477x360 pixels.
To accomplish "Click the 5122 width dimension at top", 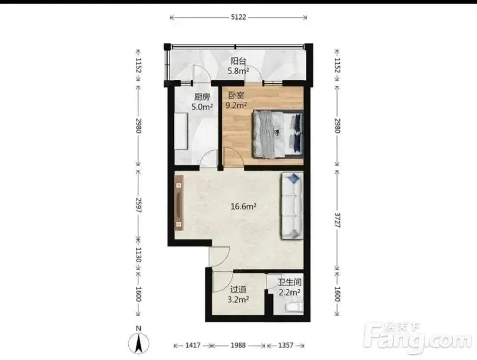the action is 238,17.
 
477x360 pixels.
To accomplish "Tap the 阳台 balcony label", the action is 238,61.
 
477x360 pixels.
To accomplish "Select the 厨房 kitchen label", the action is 202,97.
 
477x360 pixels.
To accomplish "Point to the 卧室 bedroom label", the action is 236,95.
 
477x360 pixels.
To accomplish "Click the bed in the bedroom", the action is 278,134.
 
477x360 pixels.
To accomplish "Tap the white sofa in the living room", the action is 292,206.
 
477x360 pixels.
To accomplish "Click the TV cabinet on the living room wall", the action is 179,203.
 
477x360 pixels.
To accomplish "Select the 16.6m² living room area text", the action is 243,207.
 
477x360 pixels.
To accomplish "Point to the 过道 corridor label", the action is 238,290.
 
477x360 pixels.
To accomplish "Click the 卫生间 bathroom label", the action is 289,283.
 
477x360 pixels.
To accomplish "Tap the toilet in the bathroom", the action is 294,308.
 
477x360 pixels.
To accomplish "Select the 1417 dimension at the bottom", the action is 193,346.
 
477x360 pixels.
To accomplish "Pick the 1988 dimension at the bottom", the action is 238,346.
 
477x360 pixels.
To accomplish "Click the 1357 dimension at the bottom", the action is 286,346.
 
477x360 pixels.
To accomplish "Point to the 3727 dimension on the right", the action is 337,220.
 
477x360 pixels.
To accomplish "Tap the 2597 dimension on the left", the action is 138,205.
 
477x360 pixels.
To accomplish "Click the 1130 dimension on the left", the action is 138,255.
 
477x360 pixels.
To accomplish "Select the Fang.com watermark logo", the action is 418,337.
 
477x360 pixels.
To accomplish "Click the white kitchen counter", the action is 181,131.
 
